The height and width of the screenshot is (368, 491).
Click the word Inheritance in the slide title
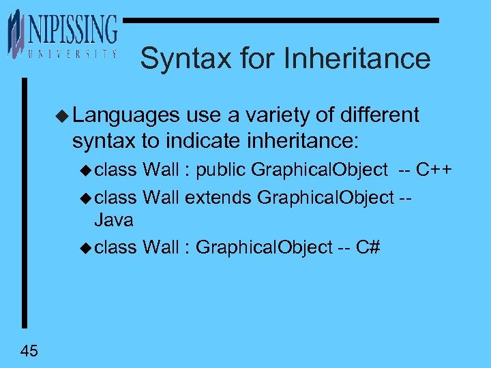tap(357, 59)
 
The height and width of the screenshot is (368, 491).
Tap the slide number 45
tap(29, 351)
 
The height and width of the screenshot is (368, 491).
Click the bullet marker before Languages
tap(63, 115)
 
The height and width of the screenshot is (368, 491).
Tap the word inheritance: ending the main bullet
tap(302, 141)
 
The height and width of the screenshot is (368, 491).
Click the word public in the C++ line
tap(221, 170)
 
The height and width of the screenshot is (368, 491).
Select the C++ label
tap(436, 170)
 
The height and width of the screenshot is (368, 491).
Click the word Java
tap(113, 220)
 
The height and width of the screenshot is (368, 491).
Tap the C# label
tap(368, 247)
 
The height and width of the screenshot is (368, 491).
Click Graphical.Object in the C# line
tap(263, 247)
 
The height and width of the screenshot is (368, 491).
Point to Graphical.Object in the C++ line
tap(318, 170)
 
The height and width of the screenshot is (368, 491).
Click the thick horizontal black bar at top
tap(280, 21)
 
